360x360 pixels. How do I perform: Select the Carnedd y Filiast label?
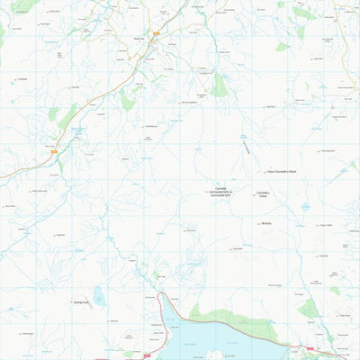point(264,194)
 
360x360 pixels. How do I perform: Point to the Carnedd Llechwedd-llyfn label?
point(220,193)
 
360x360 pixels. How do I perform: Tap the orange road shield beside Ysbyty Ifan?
point(154,39)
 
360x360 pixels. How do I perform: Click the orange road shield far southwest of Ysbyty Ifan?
point(53,151)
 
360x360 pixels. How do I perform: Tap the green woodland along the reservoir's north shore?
point(225,314)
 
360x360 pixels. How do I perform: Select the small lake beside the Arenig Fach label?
point(98,296)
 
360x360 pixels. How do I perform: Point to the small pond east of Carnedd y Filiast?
point(305,206)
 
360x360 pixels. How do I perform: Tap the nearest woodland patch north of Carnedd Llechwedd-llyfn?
point(220,85)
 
